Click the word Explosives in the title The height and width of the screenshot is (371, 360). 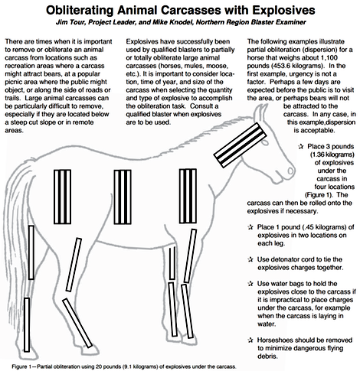click(283, 10)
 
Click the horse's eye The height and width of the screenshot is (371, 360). click(265, 141)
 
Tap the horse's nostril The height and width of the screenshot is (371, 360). click(291, 171)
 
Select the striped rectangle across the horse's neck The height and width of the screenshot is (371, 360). click(240, 145)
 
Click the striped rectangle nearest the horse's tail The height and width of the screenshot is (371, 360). click(62, 197)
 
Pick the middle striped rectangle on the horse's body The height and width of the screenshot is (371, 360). click(123, 197)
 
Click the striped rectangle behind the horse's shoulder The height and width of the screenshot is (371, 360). click(188, 196)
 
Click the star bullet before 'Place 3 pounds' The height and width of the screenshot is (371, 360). click(301, 147)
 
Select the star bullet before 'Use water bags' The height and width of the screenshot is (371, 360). click(250, 284)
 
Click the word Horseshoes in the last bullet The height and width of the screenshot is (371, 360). click(275, 340)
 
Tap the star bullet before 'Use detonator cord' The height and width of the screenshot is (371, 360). click(250, 259)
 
